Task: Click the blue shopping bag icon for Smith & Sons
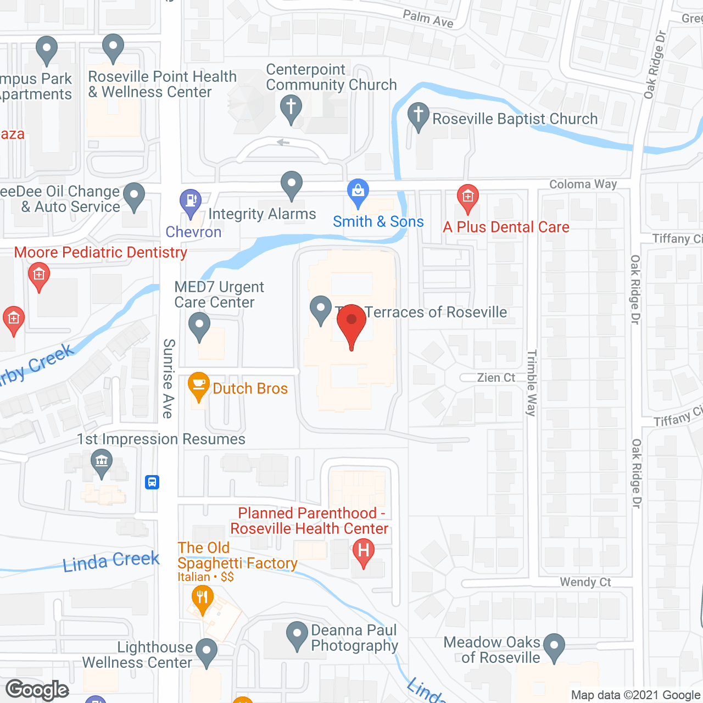pos(358,192)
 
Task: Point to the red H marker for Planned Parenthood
pos(363,551)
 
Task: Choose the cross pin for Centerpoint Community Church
pos(291,108)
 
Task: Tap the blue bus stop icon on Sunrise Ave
pos(152,482)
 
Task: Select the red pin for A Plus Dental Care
pos(468,197)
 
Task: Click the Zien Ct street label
pos(496,378)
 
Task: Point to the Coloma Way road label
pos(583,185)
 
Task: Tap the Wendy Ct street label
pos(585,582)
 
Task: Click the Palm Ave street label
pos(428,19)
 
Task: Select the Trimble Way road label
pos(531,383)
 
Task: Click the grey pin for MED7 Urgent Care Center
pos(199,326)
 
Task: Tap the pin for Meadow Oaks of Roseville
pos(554,646)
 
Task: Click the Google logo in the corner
pos(37,690)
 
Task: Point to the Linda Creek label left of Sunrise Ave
pos(111,561)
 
